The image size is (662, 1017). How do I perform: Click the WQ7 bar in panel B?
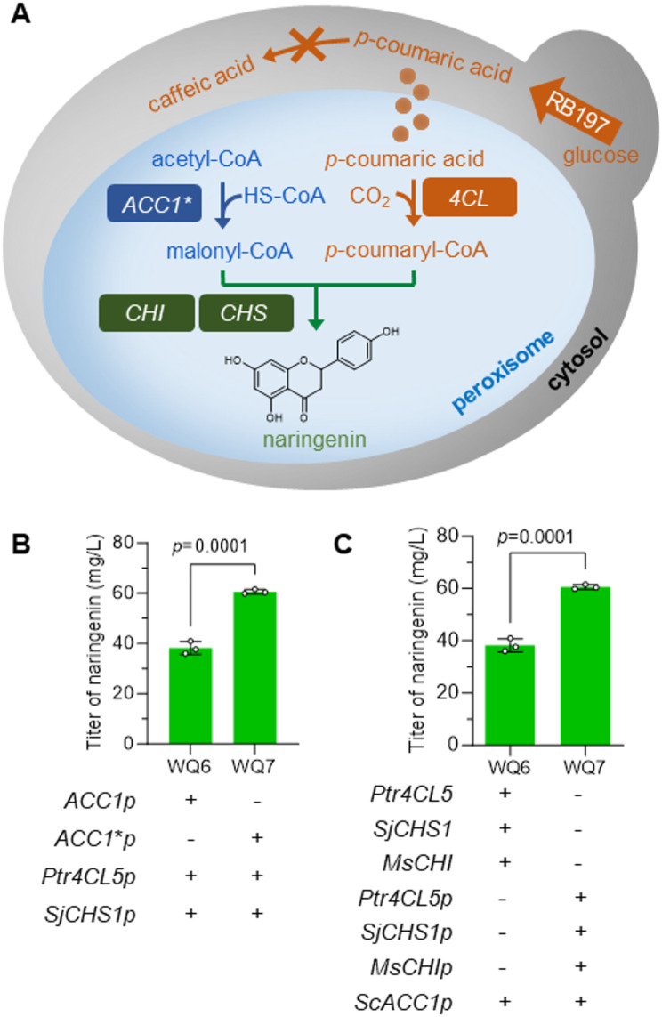[x=255, y=667]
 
